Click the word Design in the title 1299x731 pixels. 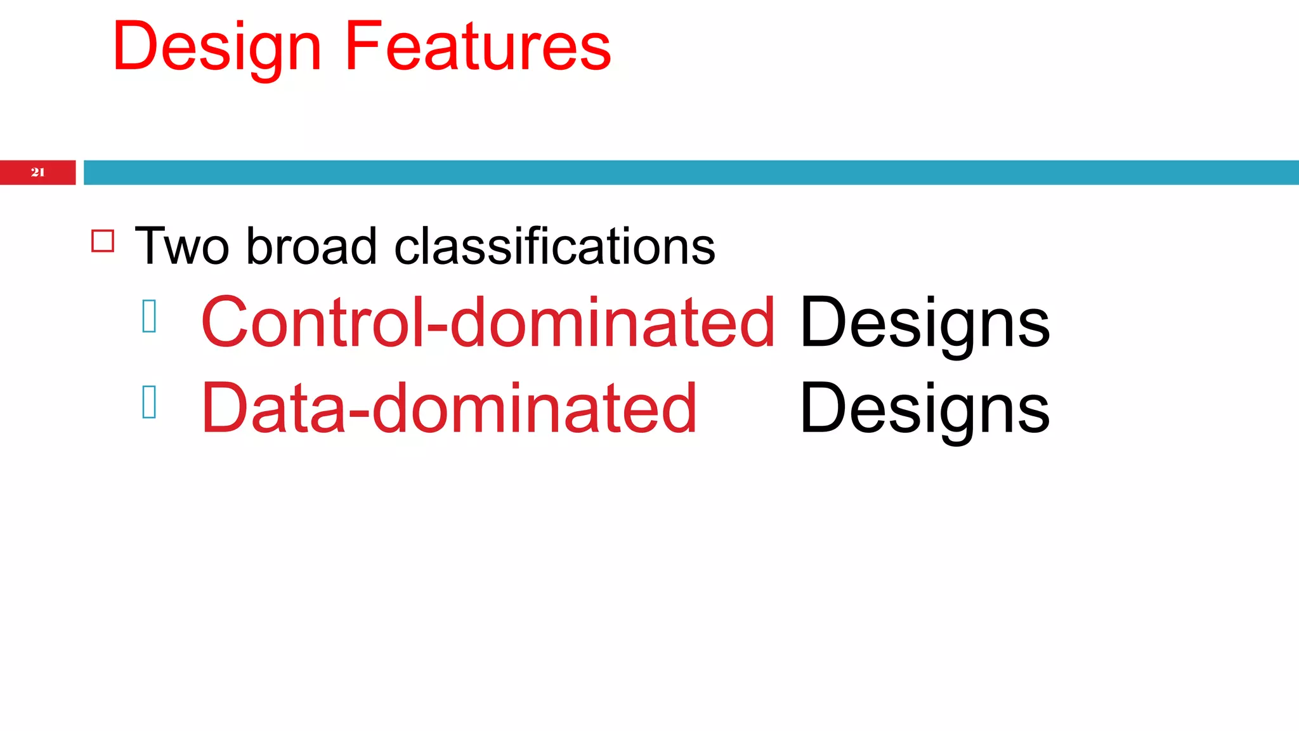coord(217,47)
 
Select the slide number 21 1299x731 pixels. coord(38,172)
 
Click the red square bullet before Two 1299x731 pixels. coord(103,241)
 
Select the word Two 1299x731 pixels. coord(182,246)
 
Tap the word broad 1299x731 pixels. coord(311,246)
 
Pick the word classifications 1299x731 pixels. coord(554,246)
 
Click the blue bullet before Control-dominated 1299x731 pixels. coord(150,316)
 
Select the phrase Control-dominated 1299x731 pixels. coord(487,322)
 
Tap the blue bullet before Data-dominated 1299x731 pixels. coord(150,402)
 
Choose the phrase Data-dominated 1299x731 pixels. coord(448,408)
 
